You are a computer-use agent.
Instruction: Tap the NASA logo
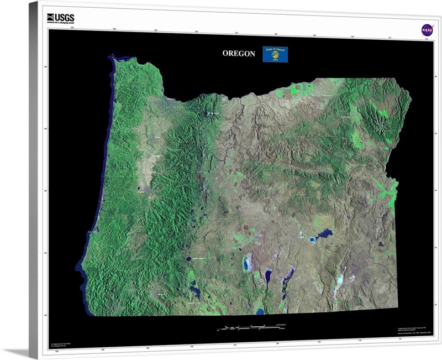427,29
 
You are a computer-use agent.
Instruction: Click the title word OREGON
239,54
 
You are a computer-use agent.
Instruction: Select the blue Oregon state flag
275,54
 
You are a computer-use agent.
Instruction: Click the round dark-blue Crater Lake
188,258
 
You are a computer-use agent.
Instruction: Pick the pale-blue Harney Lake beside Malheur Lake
313,240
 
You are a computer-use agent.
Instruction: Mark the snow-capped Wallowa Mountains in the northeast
378,117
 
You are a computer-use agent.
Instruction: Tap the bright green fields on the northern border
296,91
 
